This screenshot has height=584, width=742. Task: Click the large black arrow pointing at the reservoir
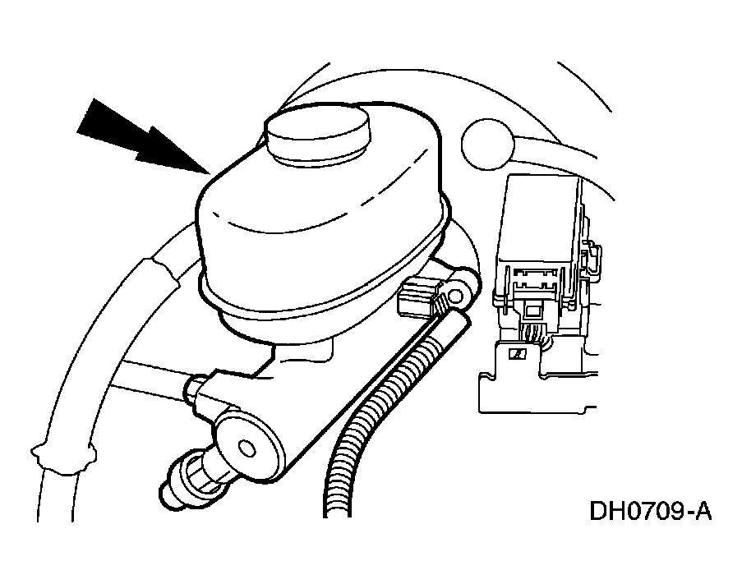pos(142,137)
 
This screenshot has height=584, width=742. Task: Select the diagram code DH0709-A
pos(650,511)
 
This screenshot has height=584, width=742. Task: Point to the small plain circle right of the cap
pos(487,144)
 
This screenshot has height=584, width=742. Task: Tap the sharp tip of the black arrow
pos(210,174)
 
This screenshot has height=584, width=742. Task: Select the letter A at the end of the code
pos(703,511)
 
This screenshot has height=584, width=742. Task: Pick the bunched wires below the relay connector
pos(533,333)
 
